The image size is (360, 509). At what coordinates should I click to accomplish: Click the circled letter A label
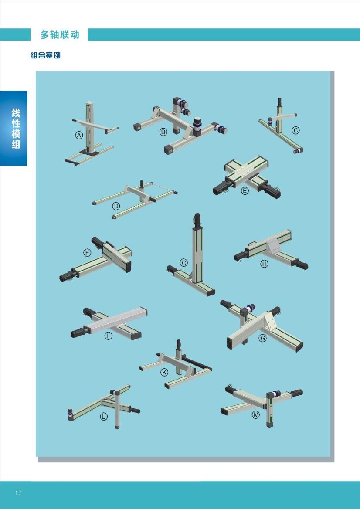pos(79,136)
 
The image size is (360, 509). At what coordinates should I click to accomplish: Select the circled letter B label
pos(163,132)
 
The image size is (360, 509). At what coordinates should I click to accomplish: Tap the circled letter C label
pos(295,130)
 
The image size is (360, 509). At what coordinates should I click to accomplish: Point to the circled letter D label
pos(116,206)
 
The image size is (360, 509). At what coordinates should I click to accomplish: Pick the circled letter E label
pos(245,191)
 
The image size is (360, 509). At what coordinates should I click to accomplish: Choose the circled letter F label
pos(87,253)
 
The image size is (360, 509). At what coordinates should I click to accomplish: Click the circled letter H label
pos(265,264)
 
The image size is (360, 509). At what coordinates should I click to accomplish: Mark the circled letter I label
pos(108,336)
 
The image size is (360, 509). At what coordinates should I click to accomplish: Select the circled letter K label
pos(165,372)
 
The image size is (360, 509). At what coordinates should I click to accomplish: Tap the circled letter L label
pos(104,417)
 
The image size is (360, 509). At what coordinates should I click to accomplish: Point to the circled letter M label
pos(256,415)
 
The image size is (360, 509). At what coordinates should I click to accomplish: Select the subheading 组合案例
pos(45,55)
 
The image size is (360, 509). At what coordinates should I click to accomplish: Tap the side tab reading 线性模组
pos(16,129)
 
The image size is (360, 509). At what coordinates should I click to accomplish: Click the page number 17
pos(18,493)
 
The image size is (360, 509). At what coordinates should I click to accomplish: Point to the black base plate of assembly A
pos(90,151)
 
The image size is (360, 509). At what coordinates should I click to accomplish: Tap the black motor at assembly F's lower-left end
pos(68,276)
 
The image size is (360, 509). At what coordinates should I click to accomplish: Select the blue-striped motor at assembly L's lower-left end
pos(71,414)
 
